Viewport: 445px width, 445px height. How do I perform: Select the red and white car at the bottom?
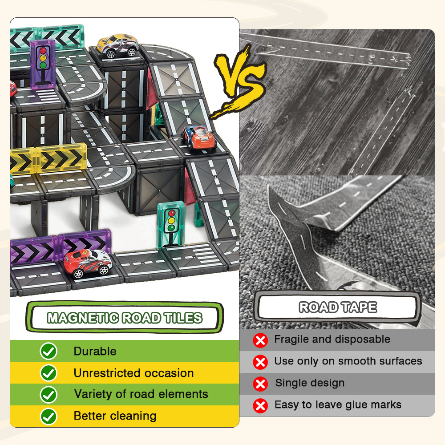click(88, 263)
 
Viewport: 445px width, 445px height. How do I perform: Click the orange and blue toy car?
click(199, 138)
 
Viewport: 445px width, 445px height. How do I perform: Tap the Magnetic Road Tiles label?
click(125, 317)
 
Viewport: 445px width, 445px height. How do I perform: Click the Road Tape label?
click(338, 307)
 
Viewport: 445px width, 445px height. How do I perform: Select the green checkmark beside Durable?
click(49, 351)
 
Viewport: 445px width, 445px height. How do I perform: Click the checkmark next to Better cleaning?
click(49, 417)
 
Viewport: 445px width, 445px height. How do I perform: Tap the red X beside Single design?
click(260, 384)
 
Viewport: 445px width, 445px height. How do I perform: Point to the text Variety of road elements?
click(141, 394)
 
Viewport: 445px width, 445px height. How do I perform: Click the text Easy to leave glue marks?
click(338, 405)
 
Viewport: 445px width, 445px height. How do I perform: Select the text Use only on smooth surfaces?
click(348, 361)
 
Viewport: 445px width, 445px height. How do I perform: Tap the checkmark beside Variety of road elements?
click(49, 394)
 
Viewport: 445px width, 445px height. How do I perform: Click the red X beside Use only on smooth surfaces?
click(260, 362)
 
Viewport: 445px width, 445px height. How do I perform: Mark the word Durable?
click(95, 351)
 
